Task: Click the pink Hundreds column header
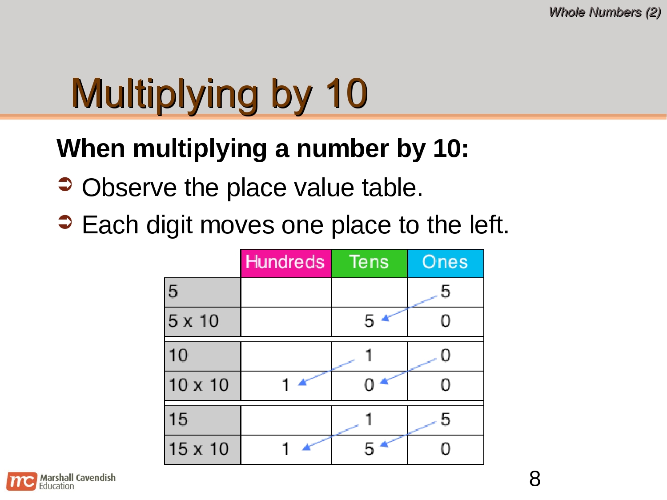[285, 263]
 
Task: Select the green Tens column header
[369, 263]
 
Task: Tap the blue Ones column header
[445, 263]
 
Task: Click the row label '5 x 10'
[194, 321]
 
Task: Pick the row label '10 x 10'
[199, 385]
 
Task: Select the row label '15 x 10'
[199, 449]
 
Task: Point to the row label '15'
[178, 420]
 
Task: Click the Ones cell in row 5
[445, 292]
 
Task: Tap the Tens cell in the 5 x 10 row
[369, 321]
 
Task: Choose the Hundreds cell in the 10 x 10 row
[285, 385]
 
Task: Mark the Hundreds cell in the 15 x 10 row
[285, 449]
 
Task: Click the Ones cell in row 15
[445, 420]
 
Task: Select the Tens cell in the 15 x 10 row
[369, 449]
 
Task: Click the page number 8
[535, 479]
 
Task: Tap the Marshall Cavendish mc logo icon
[21, 481]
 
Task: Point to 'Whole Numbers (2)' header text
[605, 12]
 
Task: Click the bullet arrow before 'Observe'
[65, 184]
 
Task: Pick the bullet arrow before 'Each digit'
[65, 222]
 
